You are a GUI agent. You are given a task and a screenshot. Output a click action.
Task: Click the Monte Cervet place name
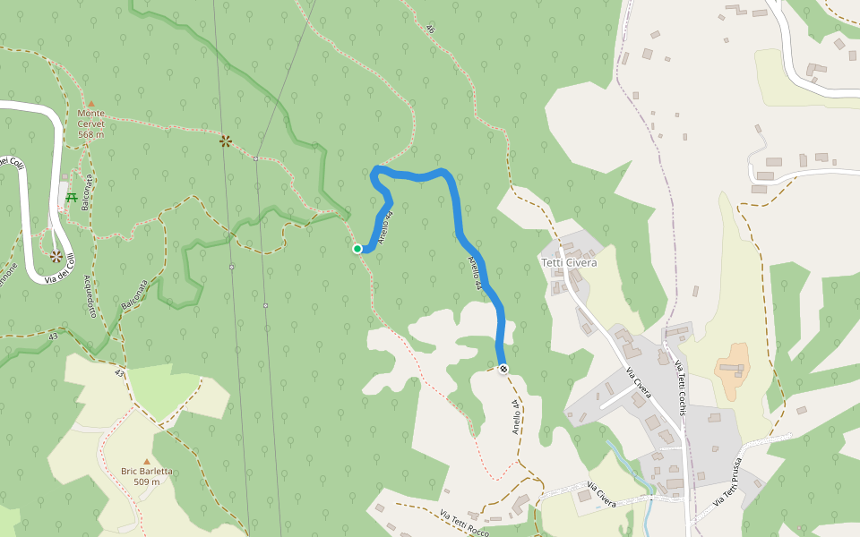pyautogui.click(x=90, y=118)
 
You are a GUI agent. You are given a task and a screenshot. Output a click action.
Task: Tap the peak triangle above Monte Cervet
pyautogui.click(x=90, y=104)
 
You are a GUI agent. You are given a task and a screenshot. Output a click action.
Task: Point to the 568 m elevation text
pyautogui.click(x=90, y=134)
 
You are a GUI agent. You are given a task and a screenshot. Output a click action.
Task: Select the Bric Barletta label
pyautogui.click(x=147, y=471)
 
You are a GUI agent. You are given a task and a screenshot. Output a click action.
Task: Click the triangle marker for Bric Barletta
pyautogui.click(x=147, y=461)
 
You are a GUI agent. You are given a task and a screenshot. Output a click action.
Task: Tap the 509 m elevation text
pyautogui.click(x=147, y=482)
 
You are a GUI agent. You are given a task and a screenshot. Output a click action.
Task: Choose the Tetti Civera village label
pyautogui.click(x=569, y=262)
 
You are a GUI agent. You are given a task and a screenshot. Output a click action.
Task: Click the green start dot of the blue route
pyautogui.click(x=357, y=249)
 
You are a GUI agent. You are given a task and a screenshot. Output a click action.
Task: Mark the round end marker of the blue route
pyautogui.click(x=504, y=368)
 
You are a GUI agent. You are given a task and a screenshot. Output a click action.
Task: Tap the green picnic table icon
pyautogui.click(x=71, y=197)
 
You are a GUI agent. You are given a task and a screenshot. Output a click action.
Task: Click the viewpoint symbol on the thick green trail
pyautogui.click(x=226, y=141)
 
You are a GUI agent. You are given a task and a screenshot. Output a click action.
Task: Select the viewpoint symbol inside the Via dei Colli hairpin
pyautogui.click(x=56, y=256)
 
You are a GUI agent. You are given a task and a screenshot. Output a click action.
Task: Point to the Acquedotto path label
pyautogui.click(x=90, y=296)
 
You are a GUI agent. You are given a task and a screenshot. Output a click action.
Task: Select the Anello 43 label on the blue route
pyautogui.click(x=474, y=272)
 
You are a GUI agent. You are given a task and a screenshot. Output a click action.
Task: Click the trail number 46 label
pyautogui.click(x=430, y=30)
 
